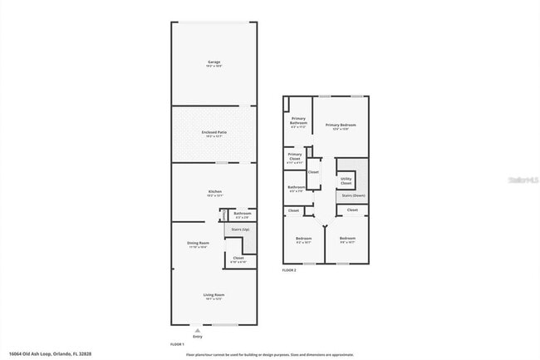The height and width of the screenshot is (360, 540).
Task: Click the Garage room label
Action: click(x=214, y=62)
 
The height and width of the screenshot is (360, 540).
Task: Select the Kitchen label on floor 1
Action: click(x=214, y=192)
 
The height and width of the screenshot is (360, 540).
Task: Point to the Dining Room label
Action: click(x=198, y=244)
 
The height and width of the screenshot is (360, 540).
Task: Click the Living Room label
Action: click(x=214, y=295)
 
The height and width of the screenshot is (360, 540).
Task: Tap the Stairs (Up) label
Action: click(x=240, y=229)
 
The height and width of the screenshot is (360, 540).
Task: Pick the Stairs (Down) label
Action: click(x=353, y=196)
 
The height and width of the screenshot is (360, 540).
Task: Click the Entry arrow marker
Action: click(x=198, y=330)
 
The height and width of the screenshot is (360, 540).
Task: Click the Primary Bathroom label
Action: click(x=299, y=121)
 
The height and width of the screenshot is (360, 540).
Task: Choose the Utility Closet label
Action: click(x=346, y=180)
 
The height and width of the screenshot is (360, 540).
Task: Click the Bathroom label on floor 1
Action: click(x=242, y=214)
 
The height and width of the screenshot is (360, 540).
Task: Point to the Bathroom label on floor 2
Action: click(x=297, y=188)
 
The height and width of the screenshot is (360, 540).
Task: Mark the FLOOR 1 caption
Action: click(x=177, y=343)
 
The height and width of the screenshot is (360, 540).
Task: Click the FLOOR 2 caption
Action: click(x=289, y=271)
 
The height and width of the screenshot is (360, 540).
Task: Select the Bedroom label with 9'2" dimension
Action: click(x=303, y=240)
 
